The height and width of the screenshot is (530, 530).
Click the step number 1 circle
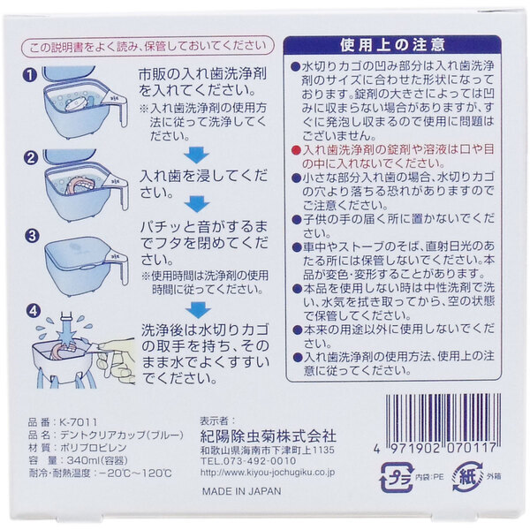coord(32,75)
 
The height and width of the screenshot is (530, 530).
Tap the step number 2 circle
coord(32,158)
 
